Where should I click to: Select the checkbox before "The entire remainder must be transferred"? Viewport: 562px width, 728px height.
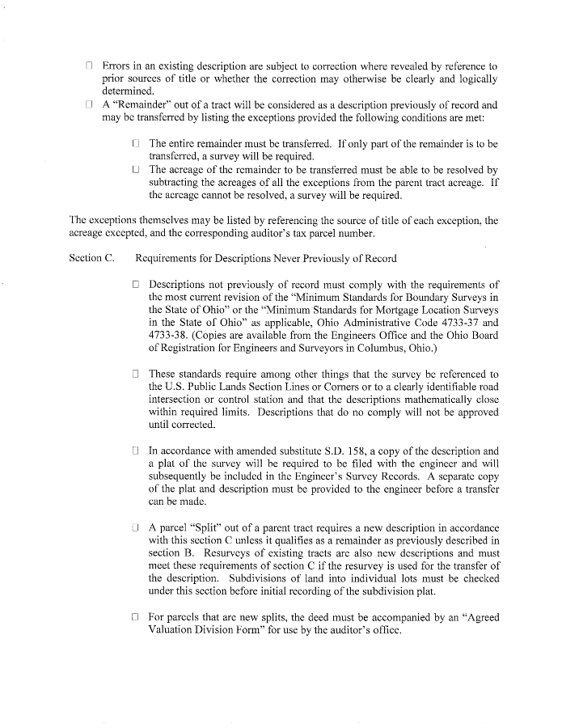click(136, 142)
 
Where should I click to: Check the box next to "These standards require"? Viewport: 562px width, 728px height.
click(136, 374)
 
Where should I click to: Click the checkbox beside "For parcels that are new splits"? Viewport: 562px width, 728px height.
click(136, 617)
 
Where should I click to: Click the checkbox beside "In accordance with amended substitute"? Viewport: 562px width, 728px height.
click(136, 451)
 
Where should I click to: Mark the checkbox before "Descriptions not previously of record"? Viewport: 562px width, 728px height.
click(136, 284)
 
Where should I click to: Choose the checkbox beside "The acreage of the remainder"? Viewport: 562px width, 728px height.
click(136, 170)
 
